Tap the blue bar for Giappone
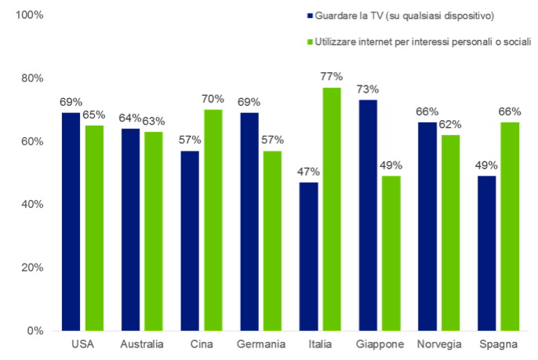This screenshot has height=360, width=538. tap(367, 215)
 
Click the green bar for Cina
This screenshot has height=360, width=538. tap(213, 220)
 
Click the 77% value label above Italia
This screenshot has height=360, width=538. tap(332, 77)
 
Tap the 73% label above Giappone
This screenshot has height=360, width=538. tap(367, 89)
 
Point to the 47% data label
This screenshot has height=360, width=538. tap(308, 172)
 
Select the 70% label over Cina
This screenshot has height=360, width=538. tap(213, 99)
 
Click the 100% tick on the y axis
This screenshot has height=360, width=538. tap(30, 16)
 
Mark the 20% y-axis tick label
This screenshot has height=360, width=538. tap(32, 267)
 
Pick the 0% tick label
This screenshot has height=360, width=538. tap(35, 330)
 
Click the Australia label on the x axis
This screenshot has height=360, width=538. tap(142, 344)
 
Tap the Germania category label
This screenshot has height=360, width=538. tap(260, 344)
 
